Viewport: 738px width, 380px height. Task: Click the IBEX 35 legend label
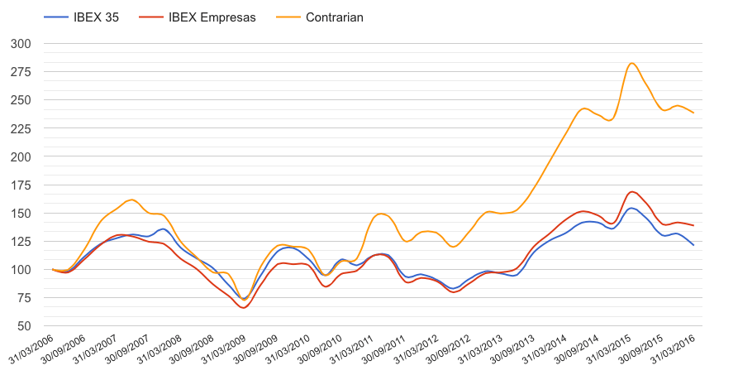[x=95, y=17]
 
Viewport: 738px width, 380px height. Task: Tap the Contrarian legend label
[x=334, y=17]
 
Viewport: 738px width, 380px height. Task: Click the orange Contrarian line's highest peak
[x=631, y=63]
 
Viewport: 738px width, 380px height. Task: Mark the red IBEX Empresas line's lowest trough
[x=243, y=308]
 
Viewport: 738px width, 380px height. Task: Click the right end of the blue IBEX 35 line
[x=693, y=245]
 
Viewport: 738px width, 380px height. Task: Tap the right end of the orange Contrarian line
[x=693, y=113]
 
